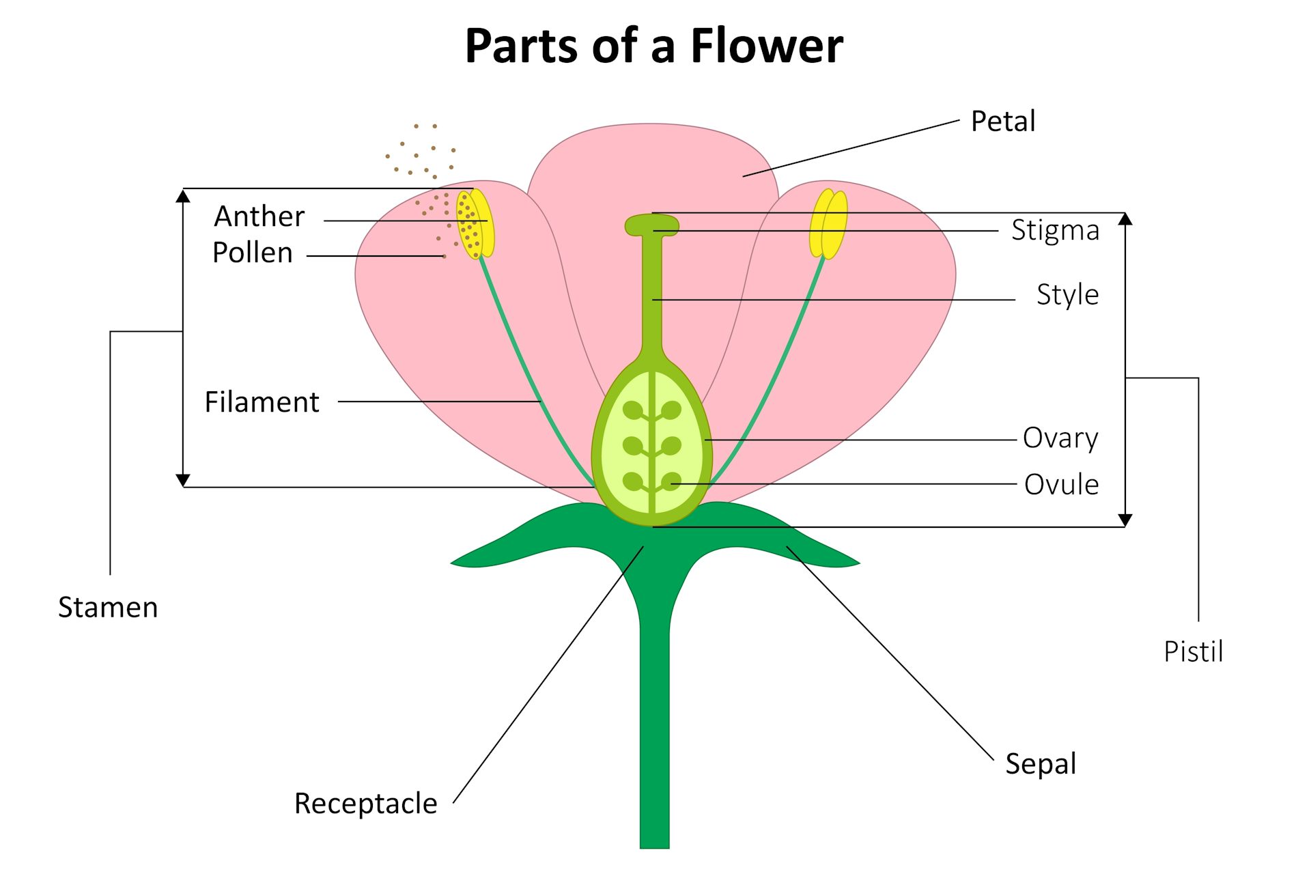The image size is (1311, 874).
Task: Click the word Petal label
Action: pyautogui.click(x=1002, y=122)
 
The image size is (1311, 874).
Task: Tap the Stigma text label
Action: pyautogui.click(x=1055, y=231)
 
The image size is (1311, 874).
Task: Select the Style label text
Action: pyautogui.click(x=1067, y=295)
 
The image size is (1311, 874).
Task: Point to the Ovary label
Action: pyautogui.click(x=1060, y=438)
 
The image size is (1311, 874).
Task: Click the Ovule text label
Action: pyautogui.click(x=1061, y=485)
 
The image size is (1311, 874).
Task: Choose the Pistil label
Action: pyautogui.click(x=1193, y=651)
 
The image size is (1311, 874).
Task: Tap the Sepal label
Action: pyautogui.click(x=1041, y=763)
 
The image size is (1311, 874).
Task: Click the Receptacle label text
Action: pyautogui.click(x=365, y=804)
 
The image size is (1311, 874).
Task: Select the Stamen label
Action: pyautogui.click(x=108, y=608)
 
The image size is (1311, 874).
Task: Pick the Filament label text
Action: pyautogui.click(x=262, y=402)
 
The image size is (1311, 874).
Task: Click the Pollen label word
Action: pyautogui.click(x=252, y=253)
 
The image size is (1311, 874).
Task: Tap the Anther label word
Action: pyautogui.click(x=259, y=216)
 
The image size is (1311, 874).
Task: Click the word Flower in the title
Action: pyautogui.click(x=766, y=46)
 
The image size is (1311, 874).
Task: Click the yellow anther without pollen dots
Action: pyautogui.click(x=828, y=224)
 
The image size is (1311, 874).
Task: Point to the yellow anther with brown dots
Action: pyautogui.click(x=474, y=224)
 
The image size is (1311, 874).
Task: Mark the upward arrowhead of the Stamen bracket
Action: pyautogui.click(x=182, y=197)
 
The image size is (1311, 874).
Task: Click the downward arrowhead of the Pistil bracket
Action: pyautogui.click(x=1125, y=520)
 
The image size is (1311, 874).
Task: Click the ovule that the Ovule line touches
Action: pyautogui.click(x=671, y=482)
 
